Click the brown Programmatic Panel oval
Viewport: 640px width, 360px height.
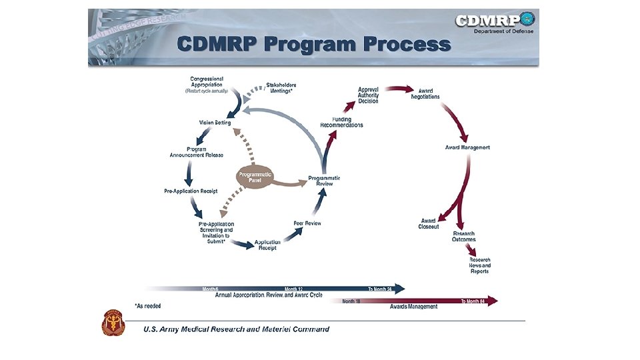255,176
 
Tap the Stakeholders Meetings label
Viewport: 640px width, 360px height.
281,88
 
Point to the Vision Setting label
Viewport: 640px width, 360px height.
215,123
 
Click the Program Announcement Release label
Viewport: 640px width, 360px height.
196,152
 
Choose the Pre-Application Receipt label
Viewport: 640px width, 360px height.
191,191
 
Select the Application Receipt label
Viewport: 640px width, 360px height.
267,245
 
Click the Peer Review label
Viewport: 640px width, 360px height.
307,223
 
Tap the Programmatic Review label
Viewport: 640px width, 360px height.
324,181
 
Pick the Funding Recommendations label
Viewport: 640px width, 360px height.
341,122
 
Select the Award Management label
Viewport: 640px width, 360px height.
467,147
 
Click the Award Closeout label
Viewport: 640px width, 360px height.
429,224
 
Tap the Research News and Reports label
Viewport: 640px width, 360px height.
479,265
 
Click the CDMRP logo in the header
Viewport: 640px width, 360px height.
495,22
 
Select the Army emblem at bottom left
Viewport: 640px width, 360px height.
113,325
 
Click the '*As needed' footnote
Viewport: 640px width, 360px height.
147,305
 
